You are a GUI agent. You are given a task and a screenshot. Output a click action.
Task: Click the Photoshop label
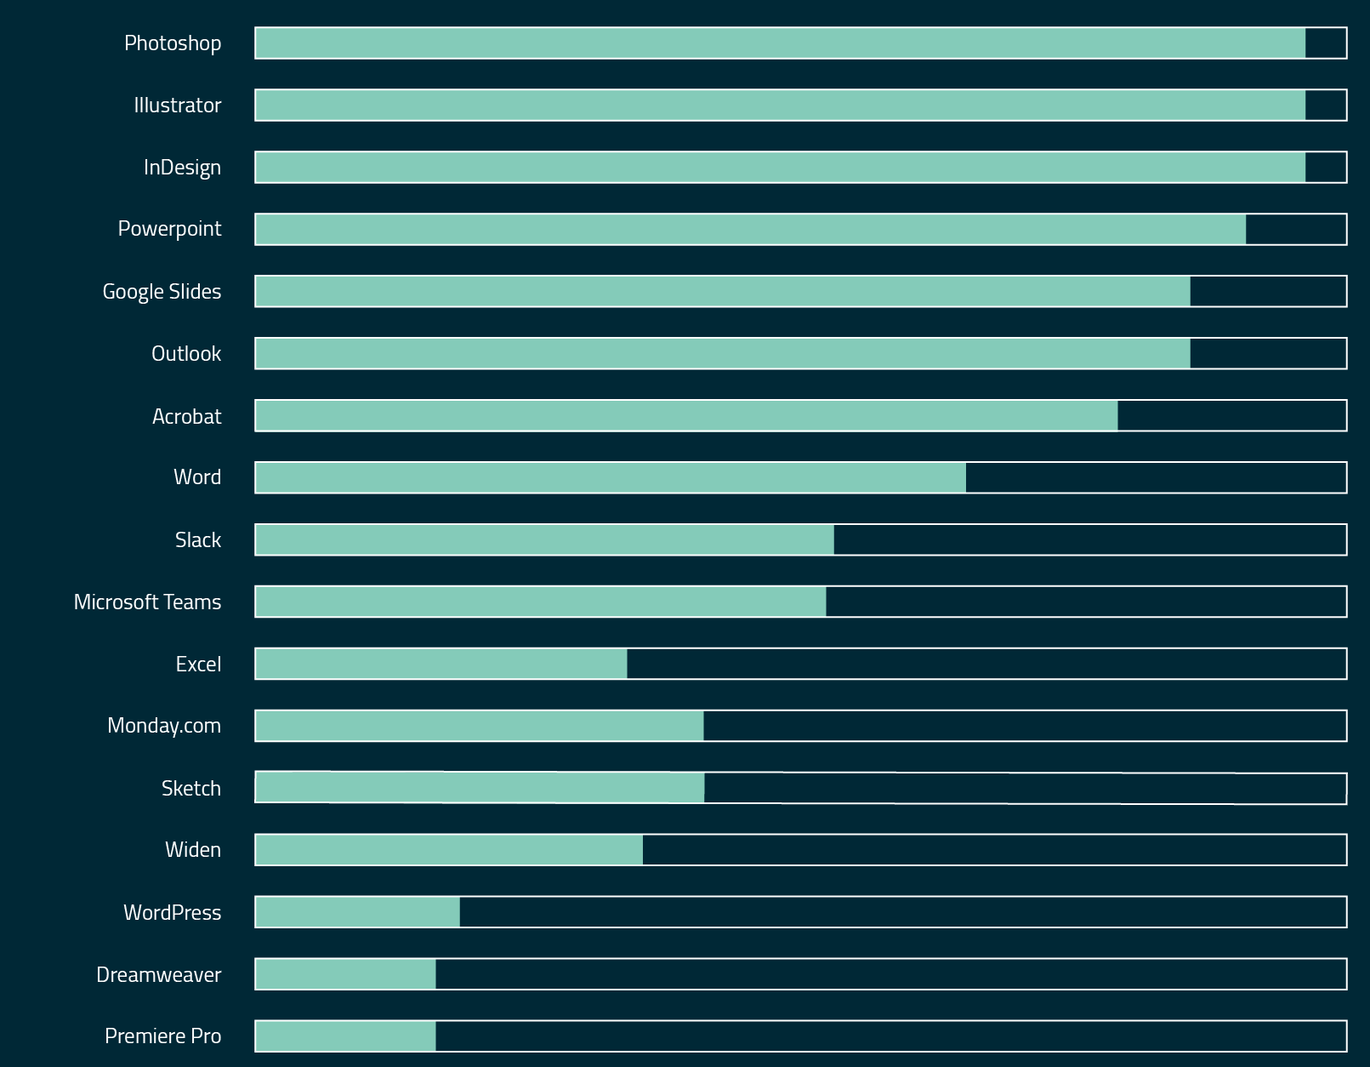173,43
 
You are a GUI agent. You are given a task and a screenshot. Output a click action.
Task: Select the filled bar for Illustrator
780,106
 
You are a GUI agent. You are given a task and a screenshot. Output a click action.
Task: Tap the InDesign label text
182,168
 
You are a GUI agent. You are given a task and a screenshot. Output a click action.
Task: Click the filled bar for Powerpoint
750,230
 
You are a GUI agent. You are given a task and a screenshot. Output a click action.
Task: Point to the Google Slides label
162,292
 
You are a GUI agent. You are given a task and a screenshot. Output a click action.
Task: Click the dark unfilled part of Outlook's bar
1268,354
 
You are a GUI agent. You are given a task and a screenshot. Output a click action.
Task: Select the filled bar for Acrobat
686,416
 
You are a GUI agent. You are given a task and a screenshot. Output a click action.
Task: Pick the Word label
197,477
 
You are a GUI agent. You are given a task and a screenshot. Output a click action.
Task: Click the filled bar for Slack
544,540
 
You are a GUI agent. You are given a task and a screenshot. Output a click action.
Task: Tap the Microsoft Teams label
147,602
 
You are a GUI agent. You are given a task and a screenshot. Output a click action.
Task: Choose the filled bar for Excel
441,665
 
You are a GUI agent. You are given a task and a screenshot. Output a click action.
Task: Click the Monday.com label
164,726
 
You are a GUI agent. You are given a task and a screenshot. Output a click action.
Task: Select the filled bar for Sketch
480,788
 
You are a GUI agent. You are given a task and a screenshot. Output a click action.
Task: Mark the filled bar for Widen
449,850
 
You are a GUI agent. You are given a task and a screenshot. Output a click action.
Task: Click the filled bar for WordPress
357,912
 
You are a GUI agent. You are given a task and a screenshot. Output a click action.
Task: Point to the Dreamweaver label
158,975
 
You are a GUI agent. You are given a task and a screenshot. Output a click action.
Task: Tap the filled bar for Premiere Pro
345,1036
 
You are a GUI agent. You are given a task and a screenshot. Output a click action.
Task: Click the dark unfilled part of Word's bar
1156,478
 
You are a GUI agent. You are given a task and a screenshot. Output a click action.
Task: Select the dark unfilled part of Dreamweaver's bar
890,974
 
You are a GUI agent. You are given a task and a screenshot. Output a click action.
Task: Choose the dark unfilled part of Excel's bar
986,665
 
